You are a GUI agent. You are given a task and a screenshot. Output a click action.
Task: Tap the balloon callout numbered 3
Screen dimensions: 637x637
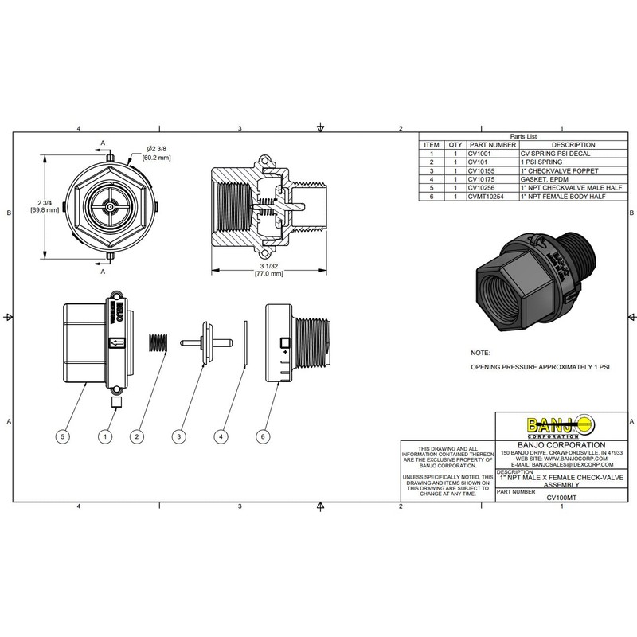179,436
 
